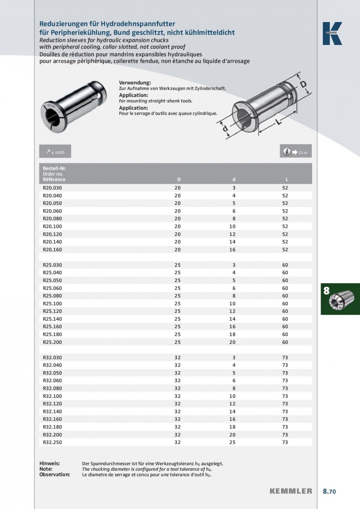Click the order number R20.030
[x=52, y=188]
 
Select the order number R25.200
[x=52, y=342]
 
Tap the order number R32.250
[x=52, y=442]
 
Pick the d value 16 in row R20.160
[x=232, y=249]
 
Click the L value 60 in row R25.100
[x=285, y=304]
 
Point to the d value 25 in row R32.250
[x=232, y=442]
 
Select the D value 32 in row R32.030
[x=177, y=358]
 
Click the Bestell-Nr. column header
[x=55, y=169]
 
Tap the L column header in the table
[x=287, y=179]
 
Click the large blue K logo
[x=332, y=34]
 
